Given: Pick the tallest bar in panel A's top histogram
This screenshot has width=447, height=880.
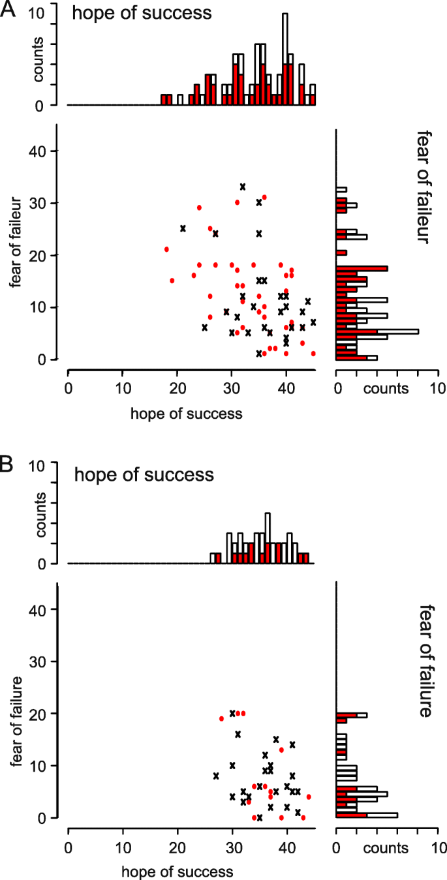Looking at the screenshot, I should [x=285, y=59].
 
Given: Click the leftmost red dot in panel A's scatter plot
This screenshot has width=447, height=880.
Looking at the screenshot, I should [x=166, y=249].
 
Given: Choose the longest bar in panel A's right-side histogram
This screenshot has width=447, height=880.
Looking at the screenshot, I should [x=377, y=331].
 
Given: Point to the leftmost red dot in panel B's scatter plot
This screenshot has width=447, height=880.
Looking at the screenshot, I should [x=221, y=718].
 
